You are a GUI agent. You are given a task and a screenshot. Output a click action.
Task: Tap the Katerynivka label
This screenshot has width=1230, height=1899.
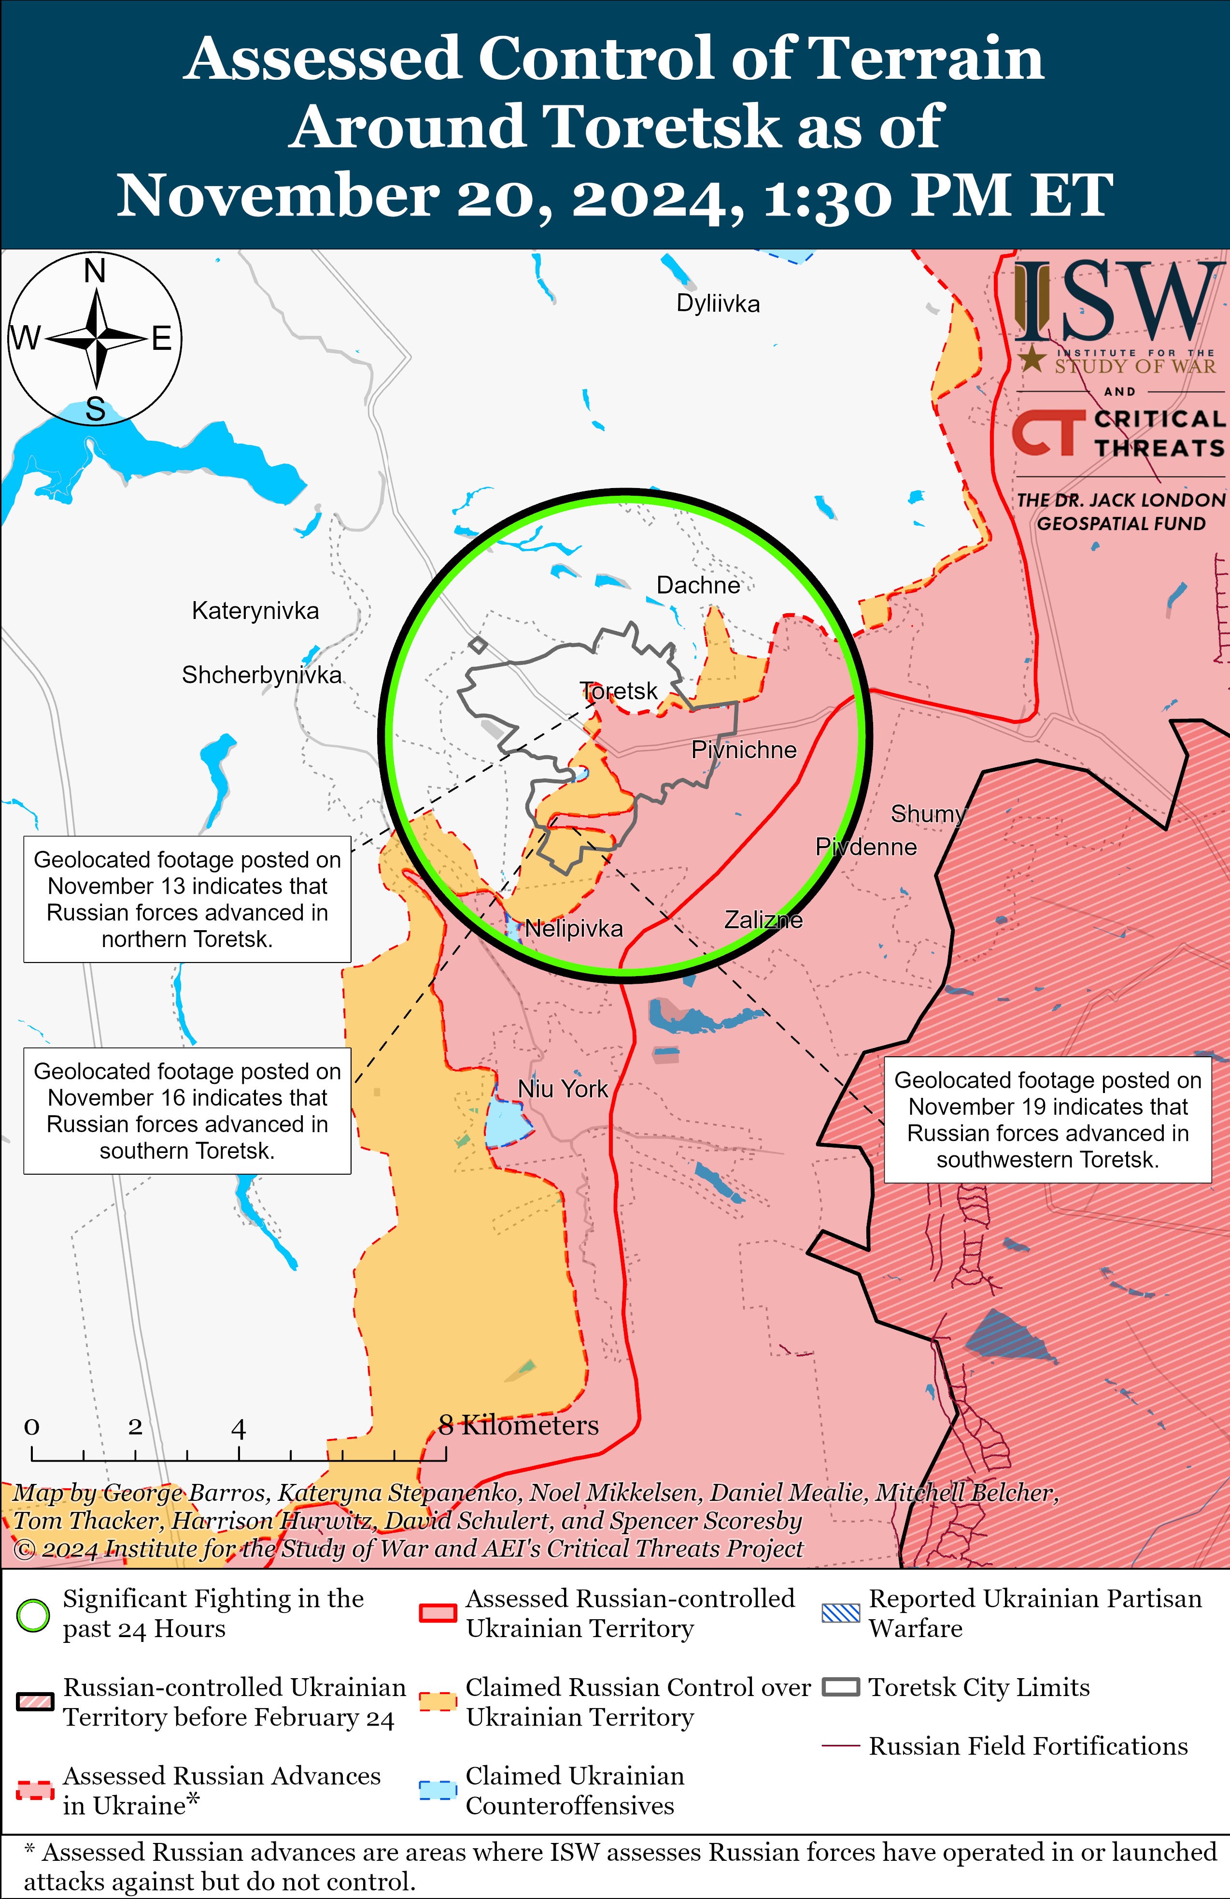click(x=255, y=611)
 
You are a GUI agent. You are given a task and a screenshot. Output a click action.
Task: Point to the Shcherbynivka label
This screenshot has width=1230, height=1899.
click(x=262, y=675)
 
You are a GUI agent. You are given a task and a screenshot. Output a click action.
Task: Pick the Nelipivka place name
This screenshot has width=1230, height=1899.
click(x=574, y=929)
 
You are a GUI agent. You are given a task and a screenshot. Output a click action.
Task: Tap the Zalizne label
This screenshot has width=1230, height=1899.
click(x=763, y=920)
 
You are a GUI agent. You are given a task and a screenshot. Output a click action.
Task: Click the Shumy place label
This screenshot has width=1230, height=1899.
click(x=927, y=814)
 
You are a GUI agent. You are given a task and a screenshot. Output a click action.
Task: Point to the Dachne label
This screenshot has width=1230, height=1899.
click(x=698, y=586)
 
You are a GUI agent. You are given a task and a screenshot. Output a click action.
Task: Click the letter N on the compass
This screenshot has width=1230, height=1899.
click(x=95, y=271)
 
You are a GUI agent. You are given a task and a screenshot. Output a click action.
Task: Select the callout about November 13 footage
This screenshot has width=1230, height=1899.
click(x=187, y=899)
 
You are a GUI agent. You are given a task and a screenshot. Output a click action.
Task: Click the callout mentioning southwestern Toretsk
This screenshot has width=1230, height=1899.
click(x=1047, y=1120)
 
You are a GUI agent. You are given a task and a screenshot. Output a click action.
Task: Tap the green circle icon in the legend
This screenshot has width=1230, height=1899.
click(x=33, y=1615)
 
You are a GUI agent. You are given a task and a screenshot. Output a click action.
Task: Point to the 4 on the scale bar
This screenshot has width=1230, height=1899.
click(x=238, y=1429)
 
